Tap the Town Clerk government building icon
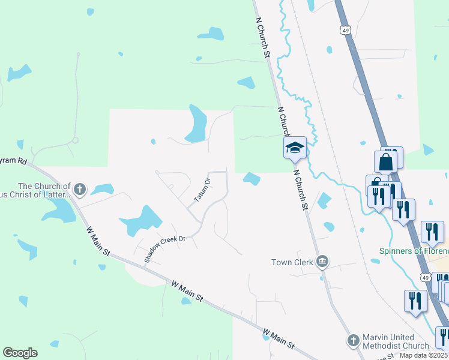point(322,261)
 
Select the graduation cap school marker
point(295,148)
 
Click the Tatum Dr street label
point(201,190)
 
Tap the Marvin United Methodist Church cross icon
point(353,341)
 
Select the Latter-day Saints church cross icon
point(79,190)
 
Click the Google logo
point(20,353)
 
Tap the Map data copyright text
point(423,355)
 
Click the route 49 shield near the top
point(344,29)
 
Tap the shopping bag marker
point(385,161)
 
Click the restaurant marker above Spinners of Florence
point(432,232)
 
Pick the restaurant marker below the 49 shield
point(415,301)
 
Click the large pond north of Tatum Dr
point(197,125)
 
